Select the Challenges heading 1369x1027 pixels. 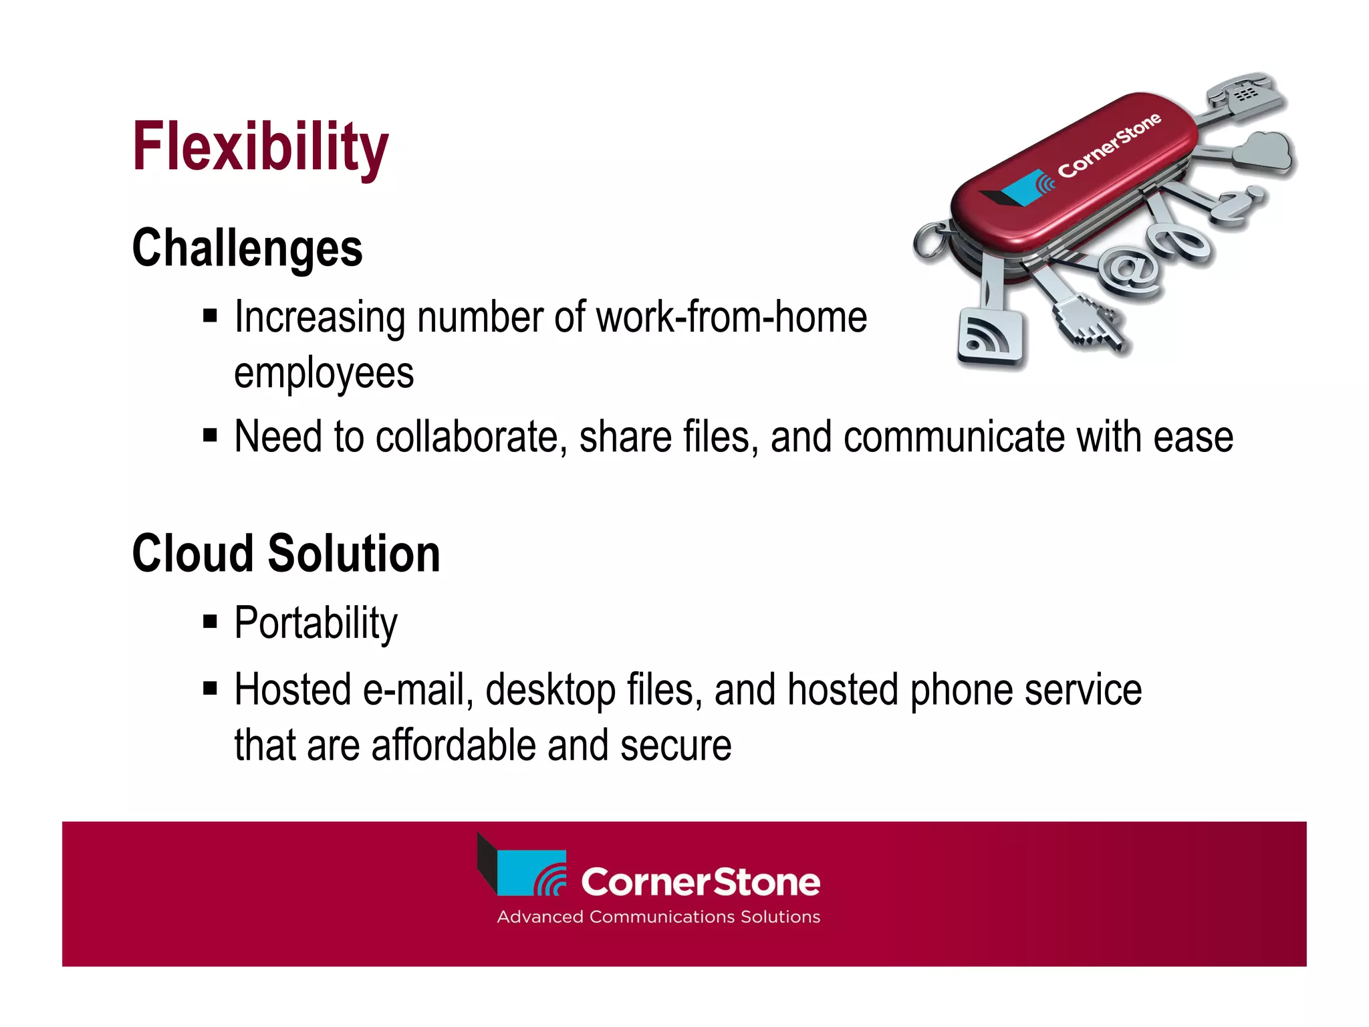tap(247, 248)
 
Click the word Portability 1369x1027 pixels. tap(316, 623)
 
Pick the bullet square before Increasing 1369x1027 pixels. tap(211, 316)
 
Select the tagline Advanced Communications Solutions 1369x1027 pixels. tap(658, 917)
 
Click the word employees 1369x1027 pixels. tap(324, 373)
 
